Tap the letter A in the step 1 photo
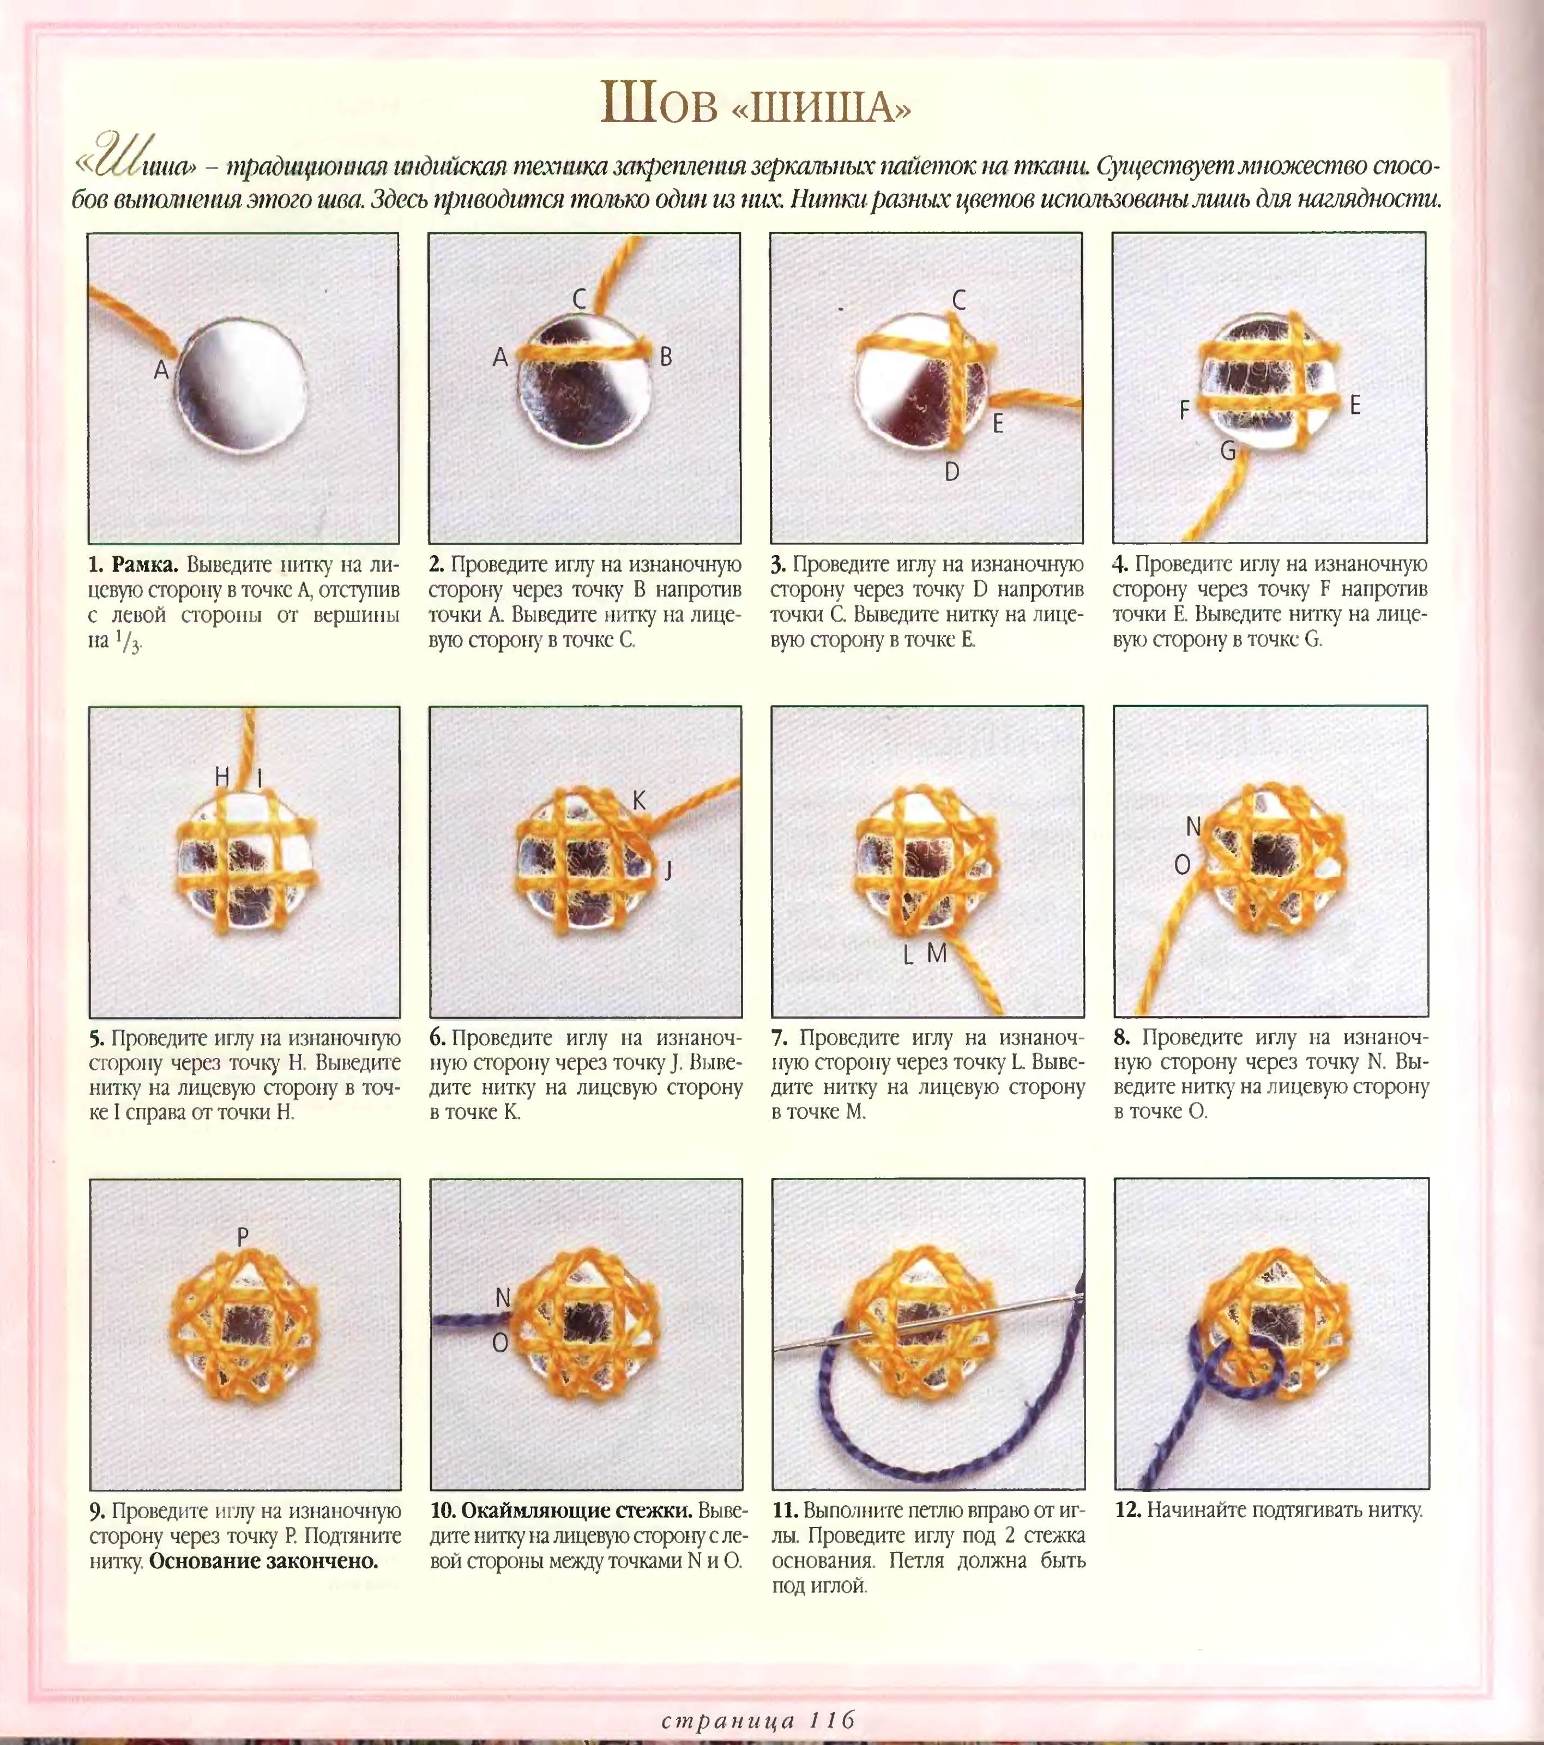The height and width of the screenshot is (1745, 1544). pos(160,370)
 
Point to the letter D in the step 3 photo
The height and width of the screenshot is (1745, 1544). pos(952,471)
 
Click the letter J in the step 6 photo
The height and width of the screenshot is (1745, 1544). pos(668,869)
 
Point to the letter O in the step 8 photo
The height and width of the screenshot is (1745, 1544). pos(1182,865)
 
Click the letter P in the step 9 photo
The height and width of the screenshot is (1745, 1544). pos(243,1236)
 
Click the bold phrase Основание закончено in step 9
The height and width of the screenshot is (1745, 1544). pos(264,1561)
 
